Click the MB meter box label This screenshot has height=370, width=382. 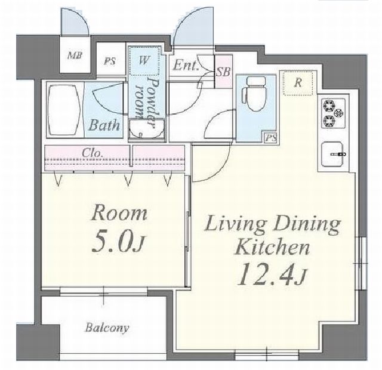(x=75, y=55)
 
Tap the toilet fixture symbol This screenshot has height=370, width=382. (x=254, y=94)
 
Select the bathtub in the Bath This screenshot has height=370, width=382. (x=64, y=110)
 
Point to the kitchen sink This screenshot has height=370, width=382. (x=333, y=154)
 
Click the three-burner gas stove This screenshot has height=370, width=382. (x=333, y=113)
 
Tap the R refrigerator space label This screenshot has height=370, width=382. (x=298, y=83)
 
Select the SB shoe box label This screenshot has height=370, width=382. (x=223, y=72)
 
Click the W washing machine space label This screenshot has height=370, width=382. (x=144, y=60)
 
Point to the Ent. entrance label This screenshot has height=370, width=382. (x=186, y=65)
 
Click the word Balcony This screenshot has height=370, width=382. (x=107, y=328)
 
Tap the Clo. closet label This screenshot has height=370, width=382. (x=91, y=153)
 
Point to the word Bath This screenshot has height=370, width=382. (x=104, y=125)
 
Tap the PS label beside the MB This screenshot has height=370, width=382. (x=110, y=61)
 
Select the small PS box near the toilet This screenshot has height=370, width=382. (x=271, y=138)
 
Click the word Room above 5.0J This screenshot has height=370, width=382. (x=119, y=214)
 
